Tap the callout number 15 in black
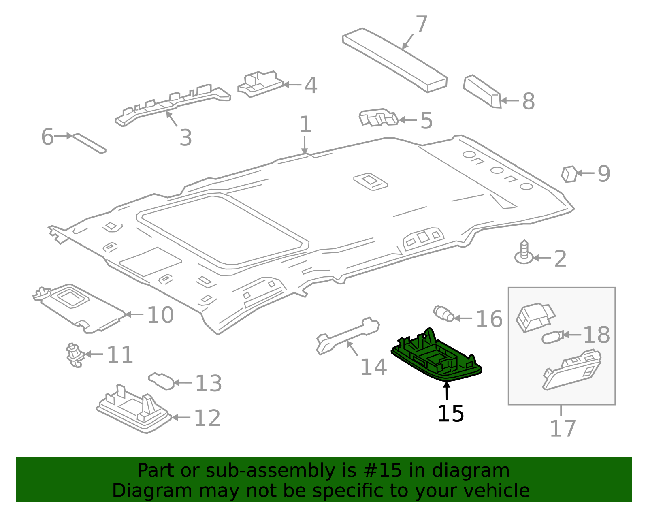pos(450,414)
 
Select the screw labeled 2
pos(524,253)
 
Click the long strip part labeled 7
pos(395,60)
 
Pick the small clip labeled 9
pos(569,174)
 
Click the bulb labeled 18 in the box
pos(552,337)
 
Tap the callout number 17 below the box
pos(563,429)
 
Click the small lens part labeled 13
pos(161,381)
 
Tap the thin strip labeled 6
pos(89,143)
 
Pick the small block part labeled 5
pos(378,117)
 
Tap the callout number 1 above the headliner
pos(305,124)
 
